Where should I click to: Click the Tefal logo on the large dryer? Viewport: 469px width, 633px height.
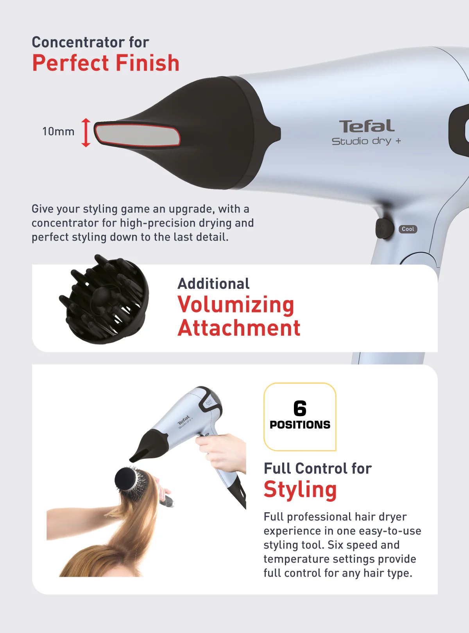[367, 126]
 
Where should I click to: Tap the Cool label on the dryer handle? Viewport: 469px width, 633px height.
[408, 229]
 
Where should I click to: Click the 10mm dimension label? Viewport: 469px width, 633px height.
[58, 132]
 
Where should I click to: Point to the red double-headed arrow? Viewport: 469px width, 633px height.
[86, 132]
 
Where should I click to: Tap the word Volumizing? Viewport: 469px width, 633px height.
[236, 305]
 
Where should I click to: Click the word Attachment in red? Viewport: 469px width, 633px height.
[239, 328]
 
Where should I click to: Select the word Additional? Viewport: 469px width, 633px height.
[213, 284]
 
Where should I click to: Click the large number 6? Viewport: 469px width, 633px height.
[300, 409]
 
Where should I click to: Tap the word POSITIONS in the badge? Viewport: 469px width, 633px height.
[300, 425]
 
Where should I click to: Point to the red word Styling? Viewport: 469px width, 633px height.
[300, 490]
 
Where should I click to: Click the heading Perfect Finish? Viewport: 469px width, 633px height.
[106, 63]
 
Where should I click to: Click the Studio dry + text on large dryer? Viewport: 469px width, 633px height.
[366, 141]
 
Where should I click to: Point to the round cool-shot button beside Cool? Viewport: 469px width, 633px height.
[385, 229]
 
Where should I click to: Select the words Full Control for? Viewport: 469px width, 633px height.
[317, 468]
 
